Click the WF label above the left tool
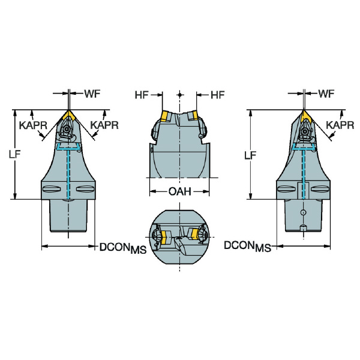point(92,94)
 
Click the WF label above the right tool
point(326,94)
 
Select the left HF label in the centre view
point(142,95)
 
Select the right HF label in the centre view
point(217,95)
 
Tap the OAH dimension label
point(180,191)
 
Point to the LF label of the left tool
point(14,154)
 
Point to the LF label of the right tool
point(250,155)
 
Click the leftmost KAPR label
point(33,125)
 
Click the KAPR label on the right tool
point(340,125)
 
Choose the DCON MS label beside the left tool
point(123,248)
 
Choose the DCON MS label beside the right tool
point(247,247)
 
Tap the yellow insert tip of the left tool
point(69,115)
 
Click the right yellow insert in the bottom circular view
point(194,234)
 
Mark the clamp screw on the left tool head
point(67,129)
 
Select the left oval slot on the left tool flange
point(52,189)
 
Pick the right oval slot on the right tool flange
point(320,189)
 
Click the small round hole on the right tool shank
point(303,212)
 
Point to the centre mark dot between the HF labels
point(180,94)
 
